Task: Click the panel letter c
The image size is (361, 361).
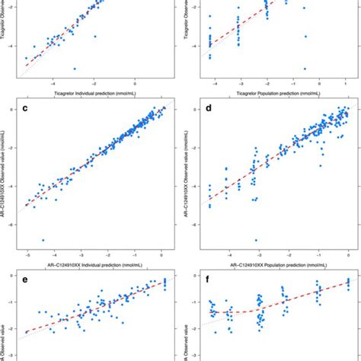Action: (26, 107)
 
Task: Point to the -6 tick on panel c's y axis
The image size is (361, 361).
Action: (13, 225)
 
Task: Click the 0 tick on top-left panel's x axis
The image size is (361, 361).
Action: (135, 83)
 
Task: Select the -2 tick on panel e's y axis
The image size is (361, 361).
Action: (13, 332)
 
